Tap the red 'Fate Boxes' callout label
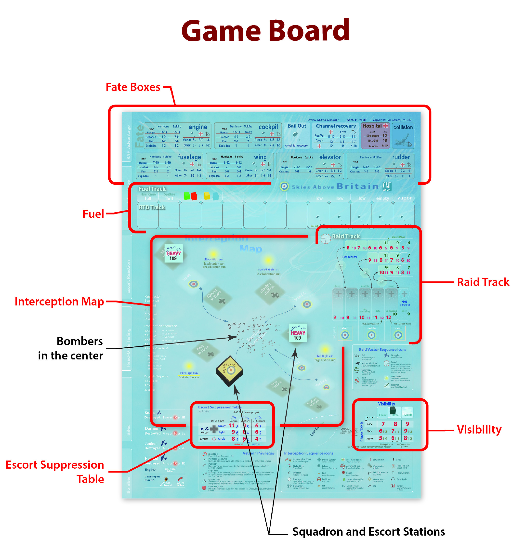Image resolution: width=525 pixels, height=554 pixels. pyautogui.click(x=133, y=87)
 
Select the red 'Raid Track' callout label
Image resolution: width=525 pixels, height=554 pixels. pyautogui.click(x=483, y=282)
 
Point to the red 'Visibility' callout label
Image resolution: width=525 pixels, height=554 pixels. pyautogui.click(x=479, y=429)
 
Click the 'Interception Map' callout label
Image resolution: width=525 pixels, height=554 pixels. pyautogui.click(x=59, y=302)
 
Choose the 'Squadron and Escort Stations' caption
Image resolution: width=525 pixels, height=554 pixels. pyautogui.click(x=368, y=532)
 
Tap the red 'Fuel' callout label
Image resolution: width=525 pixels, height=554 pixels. pyautogui.click(x=93, y=214)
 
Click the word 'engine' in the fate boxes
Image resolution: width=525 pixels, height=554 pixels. pyautogui.click(x=198, y=127)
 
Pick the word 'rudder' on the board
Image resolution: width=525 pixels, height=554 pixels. pyautogui.click(x=401, y=157)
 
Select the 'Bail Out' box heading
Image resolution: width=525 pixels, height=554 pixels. pyautogui.click(x=297, y=126)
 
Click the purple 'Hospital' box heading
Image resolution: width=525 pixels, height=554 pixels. pyautogui.click(x=372, y=126)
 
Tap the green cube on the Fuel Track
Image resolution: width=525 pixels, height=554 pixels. pyautogui.click(x=187, y=196)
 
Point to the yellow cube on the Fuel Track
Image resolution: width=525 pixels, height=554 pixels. pyautogui.click(x=207, y=196)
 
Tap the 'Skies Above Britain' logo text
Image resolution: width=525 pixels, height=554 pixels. pyautogui.click(x=335, y=186)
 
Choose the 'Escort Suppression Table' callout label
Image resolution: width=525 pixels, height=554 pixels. pyautogui.click(x=55, y=472)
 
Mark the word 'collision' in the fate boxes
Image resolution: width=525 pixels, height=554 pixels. pyautogui.click(x=403, y=127)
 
